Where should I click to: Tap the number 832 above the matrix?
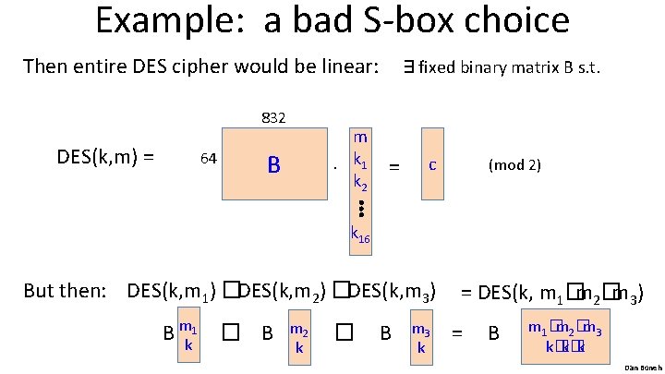pyautogui.click(x=273, y=117)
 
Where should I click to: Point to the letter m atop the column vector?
pyautogui.click(x=360, y=136)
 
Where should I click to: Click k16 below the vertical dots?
pyautogui.click(x=360, y=235)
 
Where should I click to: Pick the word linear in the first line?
pyautogui.click(x=345, y=66)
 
